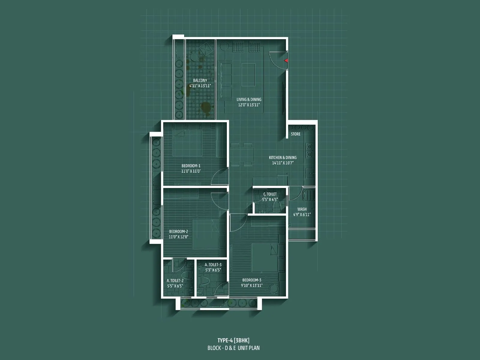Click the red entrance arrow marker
tap(286, 61)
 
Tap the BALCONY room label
tap(200, 80)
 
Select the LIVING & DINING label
tap(249, 99)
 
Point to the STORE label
tap(295, 134)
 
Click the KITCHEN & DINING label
tap(283, 157)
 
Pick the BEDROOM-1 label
tap(191, 166)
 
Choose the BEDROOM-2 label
tap(178, 231)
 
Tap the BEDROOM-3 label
tap(252, 280)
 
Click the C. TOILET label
tap(270, 194)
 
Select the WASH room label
tap(302, 209)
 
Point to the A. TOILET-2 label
tap(175, 281)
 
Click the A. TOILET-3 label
tap(213, 265)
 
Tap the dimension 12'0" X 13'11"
tap(249, 105)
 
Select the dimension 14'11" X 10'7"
tap(283, 163)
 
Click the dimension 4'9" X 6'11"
tap(302, 214)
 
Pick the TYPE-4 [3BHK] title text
tap(233, 340)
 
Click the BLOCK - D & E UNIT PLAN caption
tap(233, 348)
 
